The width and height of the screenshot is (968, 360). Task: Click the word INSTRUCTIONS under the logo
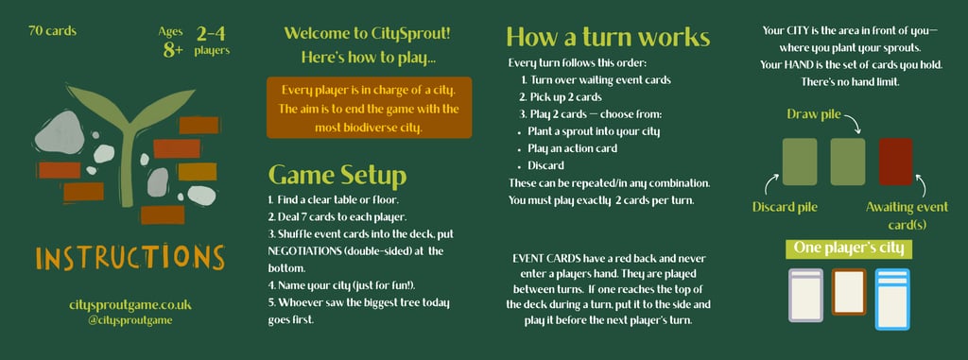130,257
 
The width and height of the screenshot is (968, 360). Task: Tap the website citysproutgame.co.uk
130,305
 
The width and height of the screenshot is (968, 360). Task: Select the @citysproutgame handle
130,320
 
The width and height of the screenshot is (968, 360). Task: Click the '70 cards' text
53,31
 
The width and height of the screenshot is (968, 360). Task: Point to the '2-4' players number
211,33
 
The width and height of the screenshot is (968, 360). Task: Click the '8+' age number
173,50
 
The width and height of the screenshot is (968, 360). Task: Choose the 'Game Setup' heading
337,176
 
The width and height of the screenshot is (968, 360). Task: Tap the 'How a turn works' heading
608,37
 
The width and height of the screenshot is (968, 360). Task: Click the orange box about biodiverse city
370,108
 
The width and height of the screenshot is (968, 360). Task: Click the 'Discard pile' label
785,208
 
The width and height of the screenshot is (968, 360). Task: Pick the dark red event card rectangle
896,162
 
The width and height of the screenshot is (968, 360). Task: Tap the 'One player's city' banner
849,249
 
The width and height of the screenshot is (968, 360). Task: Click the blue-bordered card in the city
892,299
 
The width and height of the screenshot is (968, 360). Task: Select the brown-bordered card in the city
849,292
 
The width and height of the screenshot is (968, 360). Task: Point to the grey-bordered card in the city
806,295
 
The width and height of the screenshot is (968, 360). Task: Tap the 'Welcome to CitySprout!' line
368,33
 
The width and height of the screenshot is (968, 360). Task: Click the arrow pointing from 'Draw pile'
852,123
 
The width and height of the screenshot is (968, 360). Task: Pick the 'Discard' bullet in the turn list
545,165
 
